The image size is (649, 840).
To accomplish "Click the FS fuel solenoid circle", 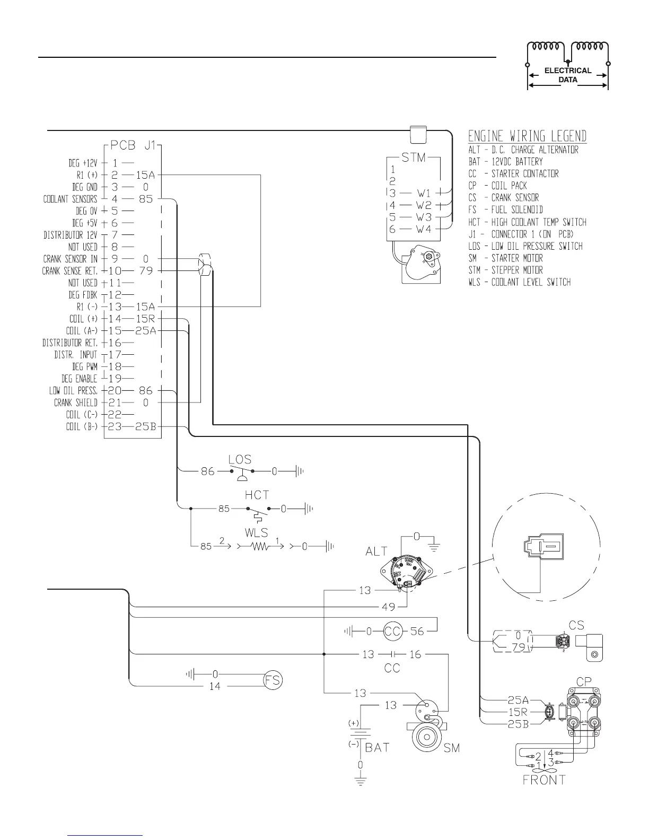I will tap(274, 680).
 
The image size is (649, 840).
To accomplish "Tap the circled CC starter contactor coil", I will tap(393, 631).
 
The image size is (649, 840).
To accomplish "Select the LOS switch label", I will tap(240, 459).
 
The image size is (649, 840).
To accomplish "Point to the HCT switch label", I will tap(257, 495).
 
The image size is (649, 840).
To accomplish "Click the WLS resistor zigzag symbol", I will tap(259, 546).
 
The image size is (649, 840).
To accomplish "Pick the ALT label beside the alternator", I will tap(376, 552).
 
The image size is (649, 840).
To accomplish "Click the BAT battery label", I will tap(378, 747).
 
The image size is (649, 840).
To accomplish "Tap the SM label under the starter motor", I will tap(452, 748).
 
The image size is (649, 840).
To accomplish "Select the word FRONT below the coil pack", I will tap(544, 780).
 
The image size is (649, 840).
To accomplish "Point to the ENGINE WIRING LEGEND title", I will tap(527, 136).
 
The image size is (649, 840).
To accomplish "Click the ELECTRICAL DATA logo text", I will tap(568, 75).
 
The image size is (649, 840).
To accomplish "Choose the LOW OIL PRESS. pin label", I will tap(74, 391).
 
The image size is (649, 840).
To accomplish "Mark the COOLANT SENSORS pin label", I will tap(71, 199).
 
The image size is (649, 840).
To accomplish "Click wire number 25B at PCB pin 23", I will tap(146, 427).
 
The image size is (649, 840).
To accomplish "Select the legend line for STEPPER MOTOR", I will tap(505, 270).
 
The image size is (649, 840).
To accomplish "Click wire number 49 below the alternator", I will tap(388, 606).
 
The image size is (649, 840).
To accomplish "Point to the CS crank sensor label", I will tap(576, 626).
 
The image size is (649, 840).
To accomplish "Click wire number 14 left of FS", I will tap(215, 686).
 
